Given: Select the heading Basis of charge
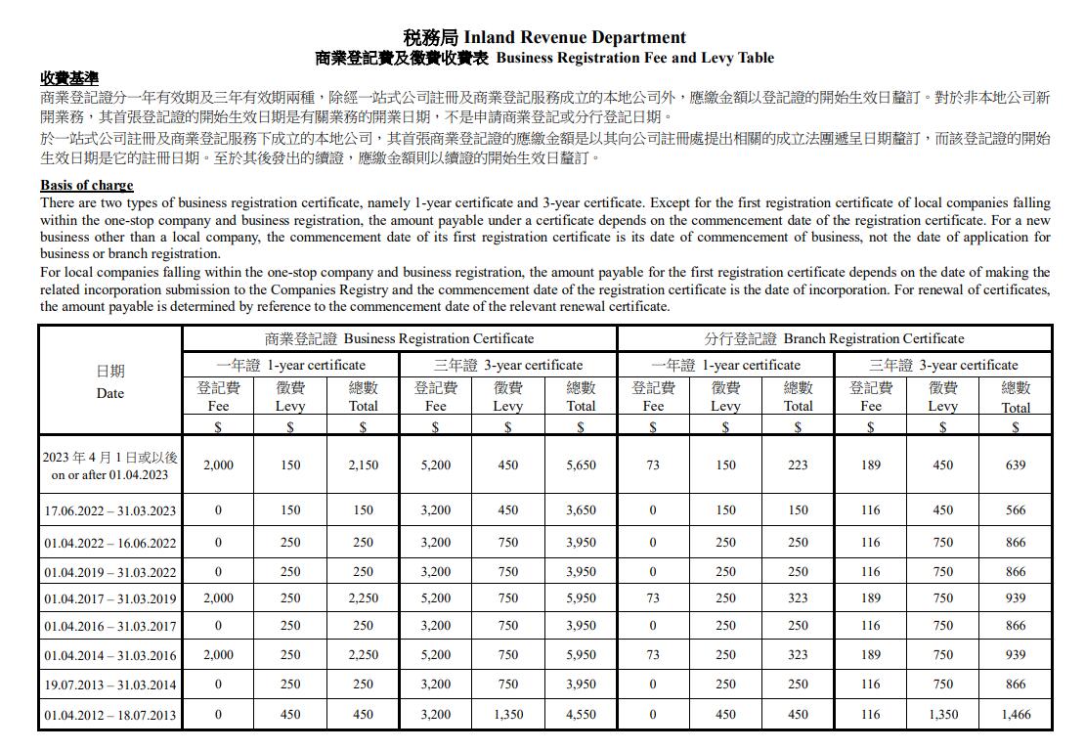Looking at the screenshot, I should tap(86, 185).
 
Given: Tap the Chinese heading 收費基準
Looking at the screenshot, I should tap(69, 78).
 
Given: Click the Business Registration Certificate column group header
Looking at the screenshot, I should tap(399, 338).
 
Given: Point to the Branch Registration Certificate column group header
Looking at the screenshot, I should tap(834, 338).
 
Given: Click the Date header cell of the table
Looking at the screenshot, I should tap(110, 382).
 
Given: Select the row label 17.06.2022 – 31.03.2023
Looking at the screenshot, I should tap(110, 510).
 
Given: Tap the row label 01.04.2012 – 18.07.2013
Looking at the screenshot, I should tap(110, 715).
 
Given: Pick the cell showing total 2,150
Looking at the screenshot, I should tap(363, 465).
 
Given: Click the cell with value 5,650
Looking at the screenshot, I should tap(581, 465).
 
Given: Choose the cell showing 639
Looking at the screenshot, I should tap(1016, 465).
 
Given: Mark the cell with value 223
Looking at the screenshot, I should tap(798, 465).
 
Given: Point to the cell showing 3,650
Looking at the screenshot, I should tap(581, 510).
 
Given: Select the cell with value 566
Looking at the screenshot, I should tap(1016, 510).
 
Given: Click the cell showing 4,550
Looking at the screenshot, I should tap(581, 715).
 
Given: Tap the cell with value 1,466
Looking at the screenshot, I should tap(1016, 715).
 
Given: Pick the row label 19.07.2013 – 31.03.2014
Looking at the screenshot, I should tap(110, 685).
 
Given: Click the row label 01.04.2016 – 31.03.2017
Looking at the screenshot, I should tap(110, 627).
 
